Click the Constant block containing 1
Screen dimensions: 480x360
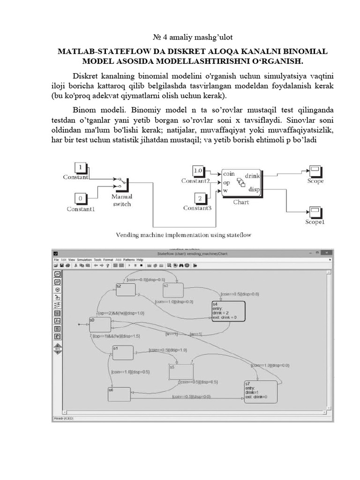click(81, 168)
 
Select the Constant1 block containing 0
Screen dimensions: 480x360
click(81, 198)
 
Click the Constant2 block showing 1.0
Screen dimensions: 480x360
click(198, 171)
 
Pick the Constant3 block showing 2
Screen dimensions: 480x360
click(200, 198)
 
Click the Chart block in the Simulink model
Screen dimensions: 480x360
click(241, 182)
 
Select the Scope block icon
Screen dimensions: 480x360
click(315, 171)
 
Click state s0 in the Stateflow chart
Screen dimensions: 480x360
click(100, 324)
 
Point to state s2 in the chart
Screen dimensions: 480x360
click(126, 290)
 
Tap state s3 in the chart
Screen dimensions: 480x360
click(172, 290)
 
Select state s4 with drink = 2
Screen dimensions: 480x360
click(228, 310)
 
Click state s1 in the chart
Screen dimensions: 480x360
click(123, 352)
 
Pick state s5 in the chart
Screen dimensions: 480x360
click(181, 372)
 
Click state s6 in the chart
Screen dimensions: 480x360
click(119, 394)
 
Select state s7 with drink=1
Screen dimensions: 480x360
click(260, 391)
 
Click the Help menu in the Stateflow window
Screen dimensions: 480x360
click(140, 259)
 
